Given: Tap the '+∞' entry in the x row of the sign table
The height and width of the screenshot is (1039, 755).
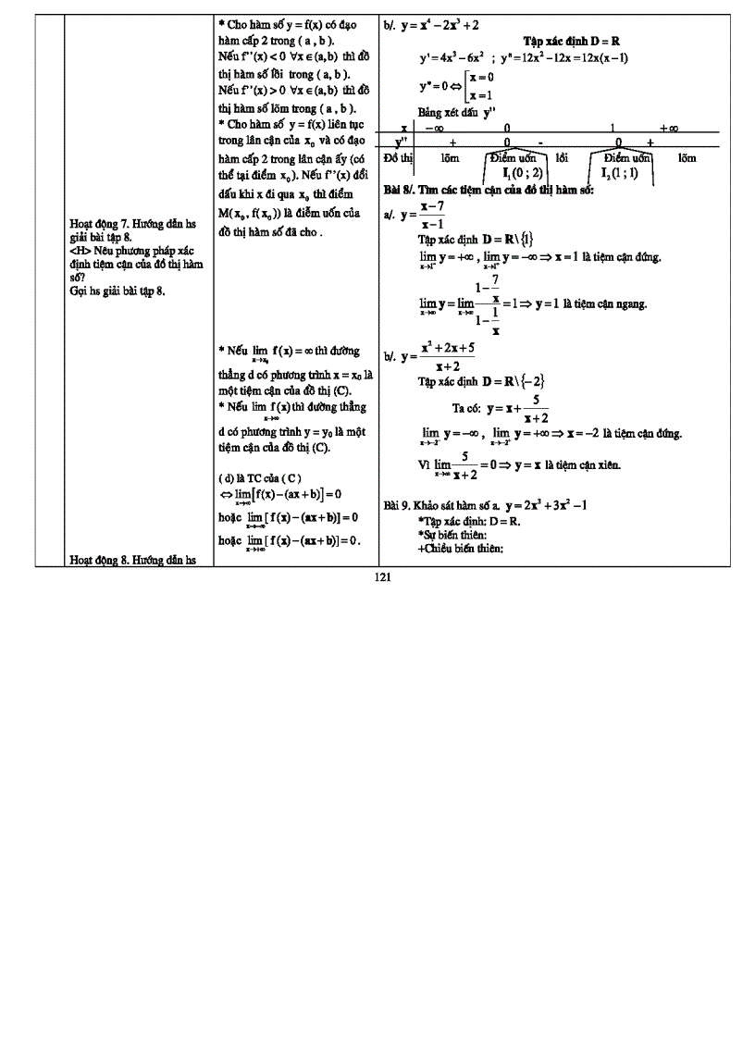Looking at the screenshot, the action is coord(669,128).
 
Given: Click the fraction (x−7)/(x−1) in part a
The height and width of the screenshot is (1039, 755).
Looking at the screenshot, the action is coord(432,215).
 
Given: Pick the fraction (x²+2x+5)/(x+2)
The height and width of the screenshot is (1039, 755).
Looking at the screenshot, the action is coord(447,356).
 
